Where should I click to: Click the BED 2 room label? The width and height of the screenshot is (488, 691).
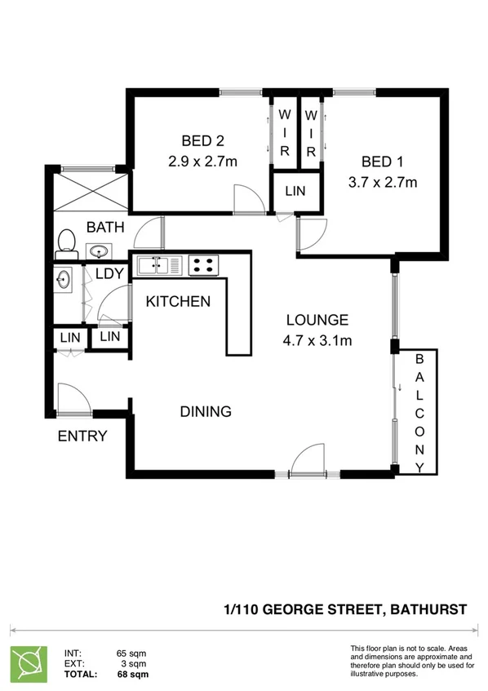(202, 140)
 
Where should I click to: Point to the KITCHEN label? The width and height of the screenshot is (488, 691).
(178, 302)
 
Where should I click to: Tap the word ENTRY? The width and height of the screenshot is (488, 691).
(82, 436)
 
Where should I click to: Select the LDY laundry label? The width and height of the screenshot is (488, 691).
(109, 274)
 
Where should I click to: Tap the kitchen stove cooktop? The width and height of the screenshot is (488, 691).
(204, 265)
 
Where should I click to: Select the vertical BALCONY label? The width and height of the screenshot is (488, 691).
(419, 413)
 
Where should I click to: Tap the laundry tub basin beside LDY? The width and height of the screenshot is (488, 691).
(64, 281)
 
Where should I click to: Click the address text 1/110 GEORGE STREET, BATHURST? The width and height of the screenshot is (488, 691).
(345, 609)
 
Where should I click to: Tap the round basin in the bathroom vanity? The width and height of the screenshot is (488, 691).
(99, 250)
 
